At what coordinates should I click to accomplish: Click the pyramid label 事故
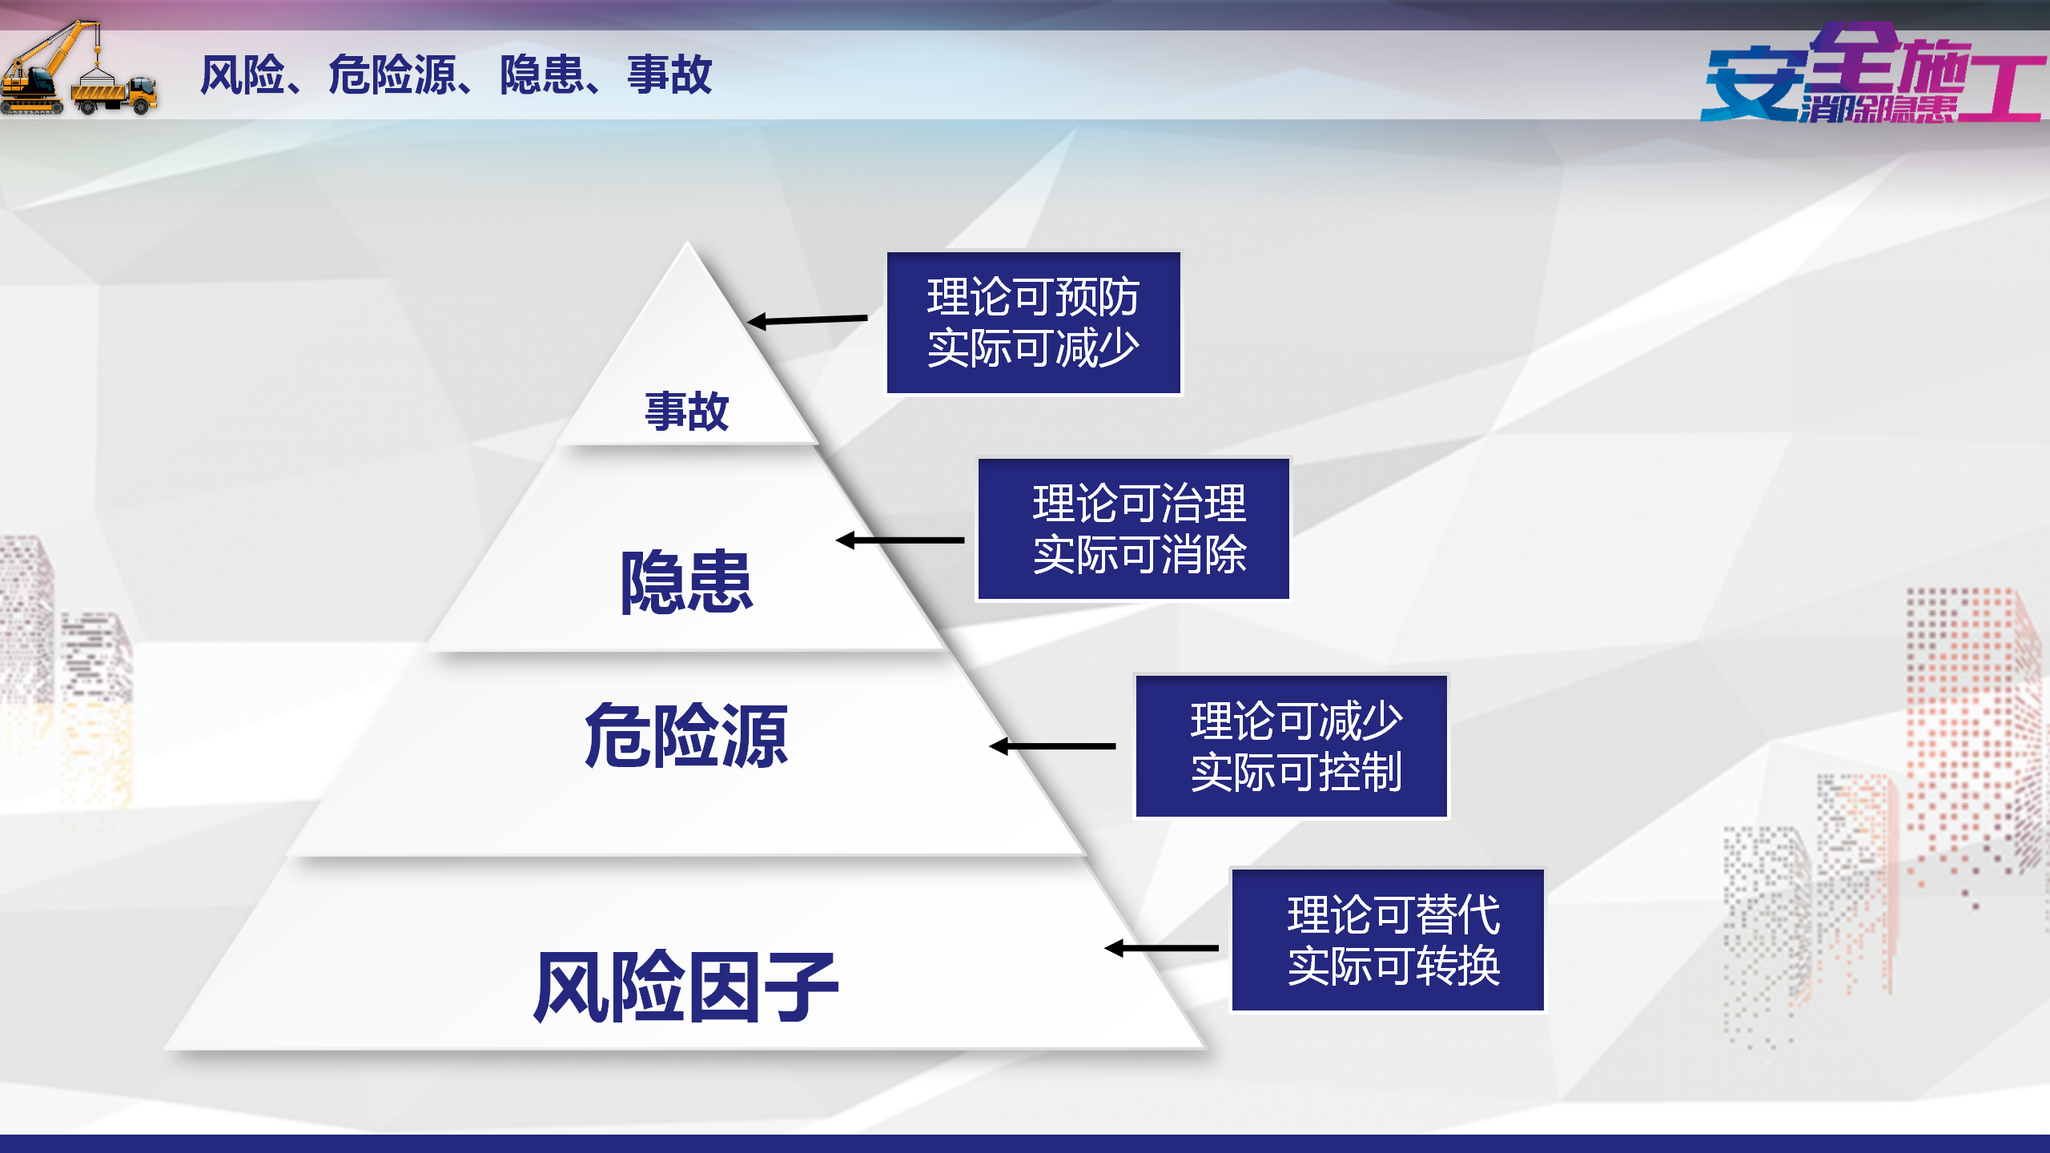click(x=686, y=412)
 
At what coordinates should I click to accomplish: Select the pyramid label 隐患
click(x=686, y=582)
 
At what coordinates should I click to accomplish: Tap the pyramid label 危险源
click(x=686, y=736)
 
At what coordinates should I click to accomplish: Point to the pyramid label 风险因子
click(x=686, y=986)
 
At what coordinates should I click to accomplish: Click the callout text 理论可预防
click(x=1033, y=297)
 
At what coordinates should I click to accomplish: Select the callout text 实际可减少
click(x=1033, y=348)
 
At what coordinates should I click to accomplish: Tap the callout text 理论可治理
click(x=1140, y=504)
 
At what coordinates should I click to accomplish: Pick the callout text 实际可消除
click(x=1140, y=554)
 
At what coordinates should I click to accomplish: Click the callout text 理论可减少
click(x=1296, y=721)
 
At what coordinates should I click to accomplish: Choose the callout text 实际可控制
click(x=1296, y=772)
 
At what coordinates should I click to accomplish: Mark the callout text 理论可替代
click(x=1393, y=914)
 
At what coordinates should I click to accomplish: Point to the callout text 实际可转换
click(x=1393, y=966)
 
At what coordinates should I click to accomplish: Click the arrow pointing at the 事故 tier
click(x=807, y=320)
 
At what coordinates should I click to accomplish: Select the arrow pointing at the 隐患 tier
click(x=900, y=540)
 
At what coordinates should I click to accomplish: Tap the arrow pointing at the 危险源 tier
click(x=1052, y=746)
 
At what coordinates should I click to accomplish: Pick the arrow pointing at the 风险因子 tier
click(x=1161, y=948)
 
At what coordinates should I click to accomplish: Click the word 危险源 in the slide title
click(x=392, y=75)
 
